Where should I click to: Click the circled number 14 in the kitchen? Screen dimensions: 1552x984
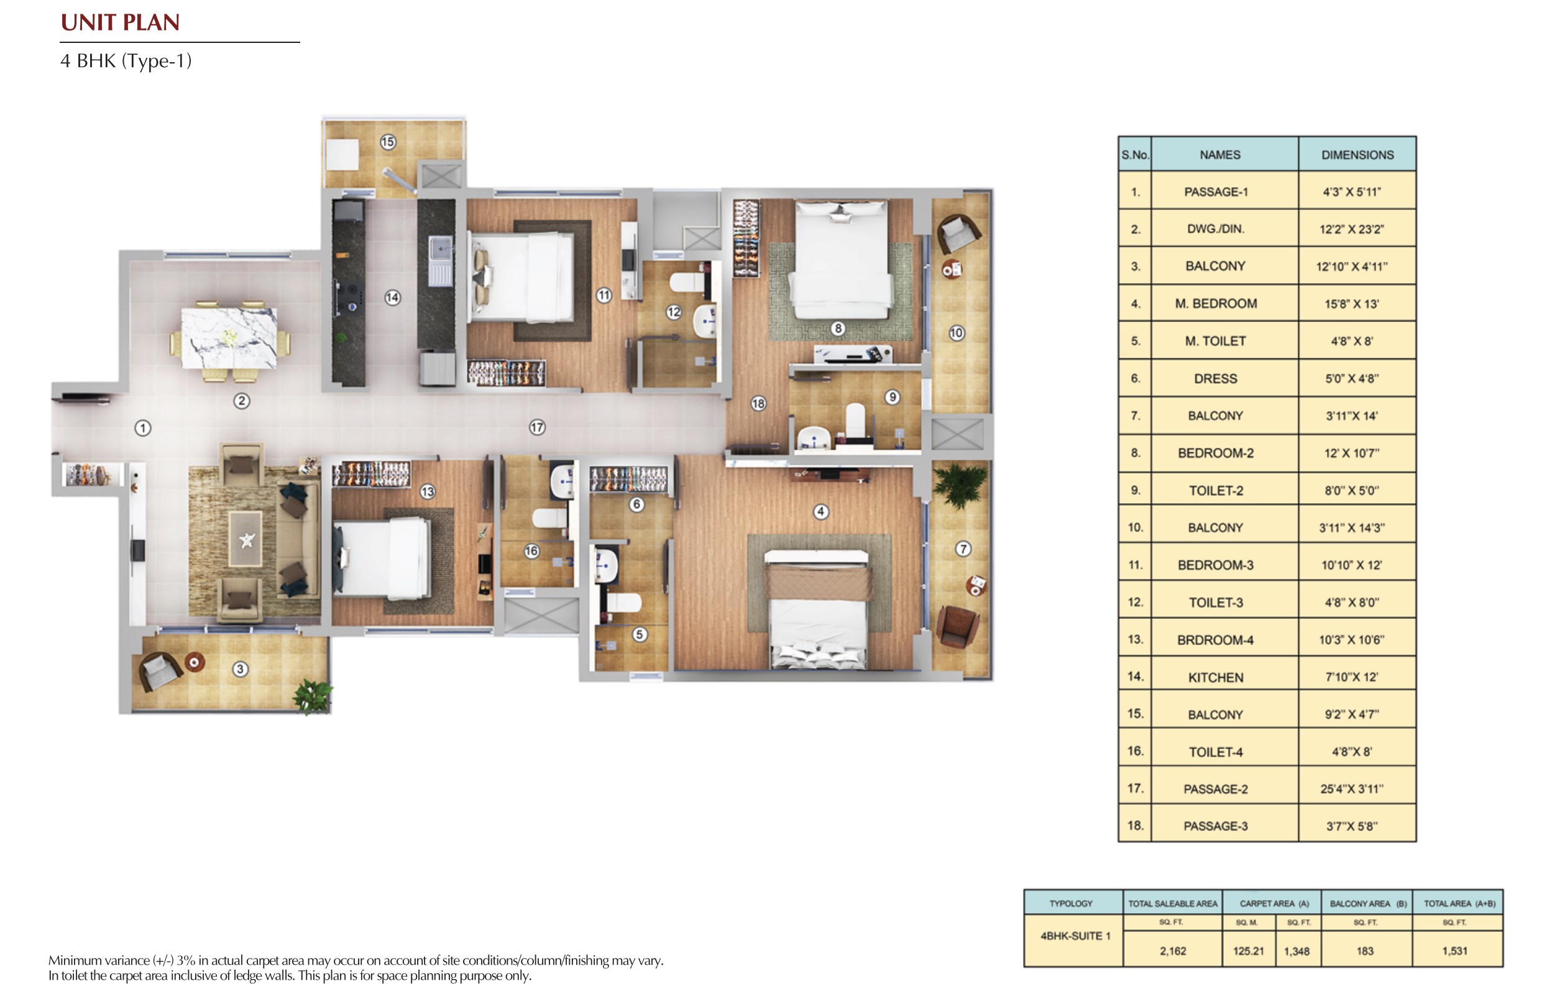pyautogui.click(x=393, y=297)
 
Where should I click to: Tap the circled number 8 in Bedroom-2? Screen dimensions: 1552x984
pyautogui.click(x=838, y=328)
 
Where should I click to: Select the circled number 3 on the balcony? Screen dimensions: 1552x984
pyautogui.click(x=240, y=669)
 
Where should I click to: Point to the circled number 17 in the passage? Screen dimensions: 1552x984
pyautogui.click(x=537, y=427)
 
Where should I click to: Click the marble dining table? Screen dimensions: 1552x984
pyautogui.click(x=229, y=338)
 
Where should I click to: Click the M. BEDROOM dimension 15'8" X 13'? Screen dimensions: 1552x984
pyautogui.click(x=1352, y=304)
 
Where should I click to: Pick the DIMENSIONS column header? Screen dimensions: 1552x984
pyautogui.click(x=1357, y=155)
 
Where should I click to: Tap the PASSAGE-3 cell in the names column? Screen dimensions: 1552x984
pyautogui.click(x=1216, y=826)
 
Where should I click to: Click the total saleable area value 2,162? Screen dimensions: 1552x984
pyautogui.click(x=1173, y=951)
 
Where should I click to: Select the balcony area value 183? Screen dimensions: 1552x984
pyautogui.click(x=1365, y=951)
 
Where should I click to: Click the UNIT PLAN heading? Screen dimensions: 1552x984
pyautogui.click(x=120, y=22)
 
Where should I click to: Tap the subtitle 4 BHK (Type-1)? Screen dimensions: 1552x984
pyautogui.click(x=126, y=60)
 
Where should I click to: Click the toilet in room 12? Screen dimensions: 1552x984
pyautogui.click(x=686, y=282)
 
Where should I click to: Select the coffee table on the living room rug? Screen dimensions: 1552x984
pyautogui.click(x=246, y=539)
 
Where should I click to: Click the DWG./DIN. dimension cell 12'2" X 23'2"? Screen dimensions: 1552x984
pyautogui.click(x=1352, y=229)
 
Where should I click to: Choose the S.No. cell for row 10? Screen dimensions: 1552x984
pyautogui.click(x=1135, y=527)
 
